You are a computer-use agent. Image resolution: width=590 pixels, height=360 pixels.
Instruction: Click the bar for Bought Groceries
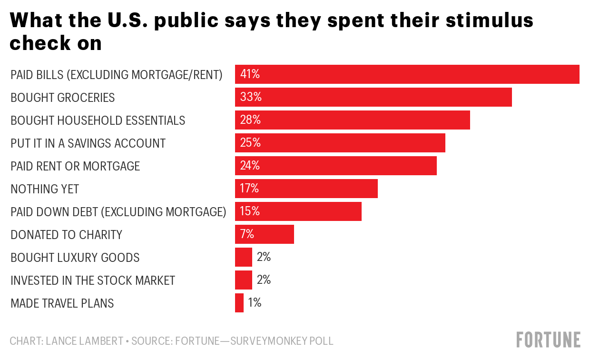click(373, 97)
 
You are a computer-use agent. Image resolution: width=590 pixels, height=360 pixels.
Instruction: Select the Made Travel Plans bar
click(239, 303)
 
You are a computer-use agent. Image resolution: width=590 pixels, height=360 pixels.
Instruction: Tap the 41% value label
click(250, 74)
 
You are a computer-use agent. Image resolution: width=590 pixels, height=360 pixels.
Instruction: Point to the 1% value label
click(255, 303)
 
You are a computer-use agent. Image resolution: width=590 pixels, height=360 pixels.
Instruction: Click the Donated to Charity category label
click(66, 235)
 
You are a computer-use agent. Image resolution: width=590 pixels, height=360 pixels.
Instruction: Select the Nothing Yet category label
click(45, 189)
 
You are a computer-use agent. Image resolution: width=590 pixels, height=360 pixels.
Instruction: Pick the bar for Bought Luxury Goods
click(243, 257)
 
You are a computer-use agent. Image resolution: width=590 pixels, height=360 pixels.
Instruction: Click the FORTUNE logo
click(549, 340)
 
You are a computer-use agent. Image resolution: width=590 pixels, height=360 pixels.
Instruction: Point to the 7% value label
click(247, 234)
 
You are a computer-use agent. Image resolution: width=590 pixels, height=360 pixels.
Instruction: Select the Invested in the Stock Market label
click(93, 280)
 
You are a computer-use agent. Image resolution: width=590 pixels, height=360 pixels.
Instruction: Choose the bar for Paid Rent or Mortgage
click(335, 166)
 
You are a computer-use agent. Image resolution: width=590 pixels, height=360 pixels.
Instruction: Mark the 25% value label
click(250, 143)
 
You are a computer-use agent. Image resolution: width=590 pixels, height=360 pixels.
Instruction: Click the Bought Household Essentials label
click(98, 120)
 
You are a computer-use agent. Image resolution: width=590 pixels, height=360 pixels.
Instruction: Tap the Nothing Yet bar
click(306, 189)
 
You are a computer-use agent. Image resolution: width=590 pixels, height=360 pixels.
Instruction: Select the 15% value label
click(250, 211)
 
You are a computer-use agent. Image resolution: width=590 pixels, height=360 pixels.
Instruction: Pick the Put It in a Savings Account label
click(88, 143)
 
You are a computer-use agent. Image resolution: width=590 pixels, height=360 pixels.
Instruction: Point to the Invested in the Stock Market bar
click(243, 280)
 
